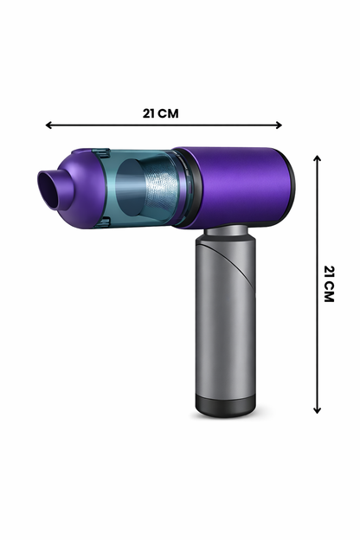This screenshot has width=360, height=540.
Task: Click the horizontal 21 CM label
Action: click(x=161, y=113)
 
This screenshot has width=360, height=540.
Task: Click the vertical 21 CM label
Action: click(x=329, y=284)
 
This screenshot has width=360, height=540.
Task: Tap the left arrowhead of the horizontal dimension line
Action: click(x=48, y=125)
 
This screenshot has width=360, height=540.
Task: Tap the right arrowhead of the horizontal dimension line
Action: click(x=279, y=125)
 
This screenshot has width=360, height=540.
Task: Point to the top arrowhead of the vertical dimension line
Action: click(x=318, y=158)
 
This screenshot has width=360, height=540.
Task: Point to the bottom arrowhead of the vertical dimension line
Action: click(x=318, y=410)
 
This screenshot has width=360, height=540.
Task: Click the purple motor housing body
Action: click(x=235, y=186)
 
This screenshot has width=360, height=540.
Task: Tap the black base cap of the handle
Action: click(x=226, y=406)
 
